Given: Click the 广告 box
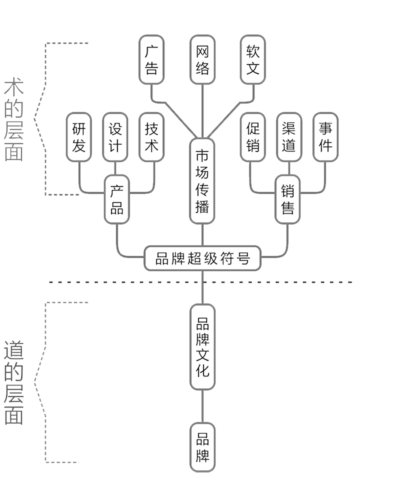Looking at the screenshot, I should [151, 59].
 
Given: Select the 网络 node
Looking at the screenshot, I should [202, 59].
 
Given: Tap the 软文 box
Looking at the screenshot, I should [253, 59].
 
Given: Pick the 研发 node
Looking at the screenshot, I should [79, 137].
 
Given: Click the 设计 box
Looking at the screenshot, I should [115, 137].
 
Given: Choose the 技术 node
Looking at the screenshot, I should [151, 137].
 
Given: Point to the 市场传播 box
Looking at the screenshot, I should [202, 181].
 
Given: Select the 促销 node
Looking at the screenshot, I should [252, 137].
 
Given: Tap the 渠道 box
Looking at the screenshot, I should [288, 137].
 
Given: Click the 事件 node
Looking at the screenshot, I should [325, 137].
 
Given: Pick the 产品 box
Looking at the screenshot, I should [116, 199].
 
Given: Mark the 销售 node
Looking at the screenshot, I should [287, 199].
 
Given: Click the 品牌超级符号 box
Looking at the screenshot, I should [202, 258].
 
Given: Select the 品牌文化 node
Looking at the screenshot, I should [202, 346].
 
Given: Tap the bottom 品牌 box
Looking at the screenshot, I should [202, 447].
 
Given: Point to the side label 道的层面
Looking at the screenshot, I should [14, 382].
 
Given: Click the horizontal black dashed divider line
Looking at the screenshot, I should [125, 282].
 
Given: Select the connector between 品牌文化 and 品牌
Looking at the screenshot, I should [202, 406].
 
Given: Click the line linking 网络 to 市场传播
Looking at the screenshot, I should [202, 111].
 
